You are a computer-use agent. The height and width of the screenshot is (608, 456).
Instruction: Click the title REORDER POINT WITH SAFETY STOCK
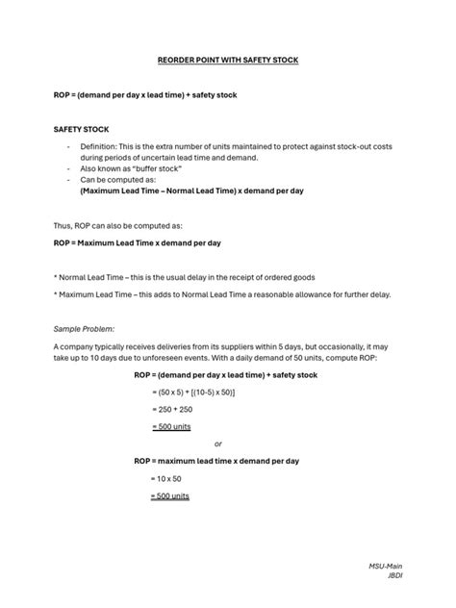[228, 61]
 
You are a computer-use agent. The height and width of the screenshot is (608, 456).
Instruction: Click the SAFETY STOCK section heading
[81, 128]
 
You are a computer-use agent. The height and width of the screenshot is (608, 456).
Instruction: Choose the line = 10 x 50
[167, 478]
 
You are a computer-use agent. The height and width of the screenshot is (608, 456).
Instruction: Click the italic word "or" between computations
[217, 443]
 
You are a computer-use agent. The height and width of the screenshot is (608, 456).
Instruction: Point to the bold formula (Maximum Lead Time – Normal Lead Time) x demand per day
[192, 190]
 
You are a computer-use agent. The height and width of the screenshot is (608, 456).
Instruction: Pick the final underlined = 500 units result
[171, 495]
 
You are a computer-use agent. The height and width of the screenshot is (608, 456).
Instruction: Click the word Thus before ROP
[63, 225]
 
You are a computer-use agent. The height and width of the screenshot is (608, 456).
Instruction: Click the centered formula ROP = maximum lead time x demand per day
[216, 461]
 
